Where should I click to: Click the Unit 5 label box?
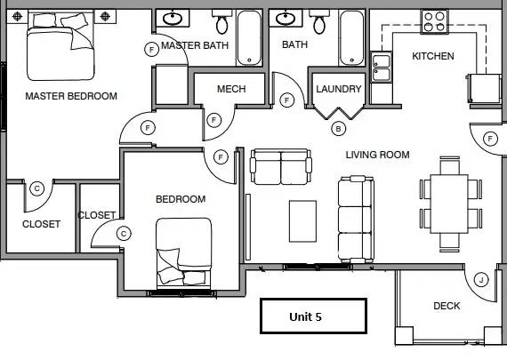[x=313, y=316]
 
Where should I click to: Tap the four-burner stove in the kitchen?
[x=435, y=21]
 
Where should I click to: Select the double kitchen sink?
[x=382, y=68]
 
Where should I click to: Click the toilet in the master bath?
[x=221, y=21]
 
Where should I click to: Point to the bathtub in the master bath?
[x=249, y=38]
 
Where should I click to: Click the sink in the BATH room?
[x=286, y=18]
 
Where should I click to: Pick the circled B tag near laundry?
[x=338, y=129]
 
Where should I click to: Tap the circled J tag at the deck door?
[x=481, y=280]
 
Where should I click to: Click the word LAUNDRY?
[x=339, y=89]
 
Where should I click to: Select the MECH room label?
[x=231, y=89]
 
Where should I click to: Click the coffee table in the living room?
[x=302, y=221]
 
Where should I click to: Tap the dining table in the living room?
[x=449, y=204]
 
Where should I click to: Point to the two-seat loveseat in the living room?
[x=281, y=167]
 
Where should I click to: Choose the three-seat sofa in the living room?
[x=356, y=219]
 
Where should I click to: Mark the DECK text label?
[x=447, y=306]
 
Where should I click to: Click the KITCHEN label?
[x=433, y=56]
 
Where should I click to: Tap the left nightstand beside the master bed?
[x=17, y=16]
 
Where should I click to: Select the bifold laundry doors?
[x=338, y=112]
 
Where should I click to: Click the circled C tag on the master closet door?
[x=36, y=188]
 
